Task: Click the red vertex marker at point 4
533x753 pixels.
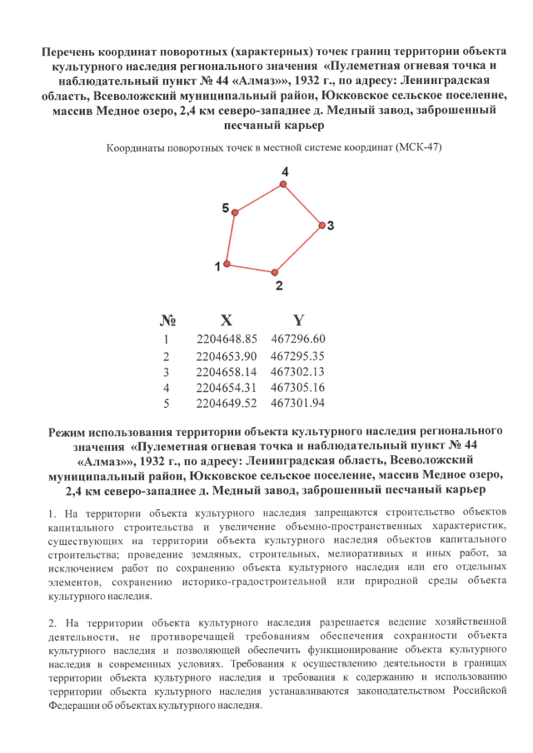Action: [x=286, y=182]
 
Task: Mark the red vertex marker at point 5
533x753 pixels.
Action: [x=236, y=214]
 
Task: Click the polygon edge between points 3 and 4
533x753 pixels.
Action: [x=303, y=203]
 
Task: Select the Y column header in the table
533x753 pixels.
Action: [x=298, y=320]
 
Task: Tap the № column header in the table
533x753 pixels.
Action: [x=167, y=320]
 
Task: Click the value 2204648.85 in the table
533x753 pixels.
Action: [x=227, y=339]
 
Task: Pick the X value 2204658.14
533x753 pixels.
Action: [x=227, y=371]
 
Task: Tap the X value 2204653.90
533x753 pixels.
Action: [x=227, y=355]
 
